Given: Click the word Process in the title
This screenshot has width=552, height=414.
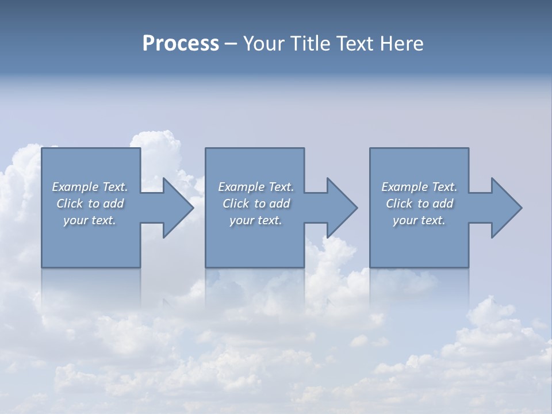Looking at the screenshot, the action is tap(181, 44).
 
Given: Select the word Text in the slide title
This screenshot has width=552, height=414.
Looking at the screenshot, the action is tap(355, 44).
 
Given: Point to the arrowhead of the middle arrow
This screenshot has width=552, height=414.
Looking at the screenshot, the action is tap(342, 208).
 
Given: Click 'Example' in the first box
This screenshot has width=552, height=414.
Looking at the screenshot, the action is tap(75, 187).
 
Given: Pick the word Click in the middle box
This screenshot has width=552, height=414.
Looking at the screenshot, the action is tap(235, 204).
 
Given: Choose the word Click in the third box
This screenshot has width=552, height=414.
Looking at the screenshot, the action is tap(398, 204).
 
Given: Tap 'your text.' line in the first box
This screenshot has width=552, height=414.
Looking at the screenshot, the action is tap(90, 220).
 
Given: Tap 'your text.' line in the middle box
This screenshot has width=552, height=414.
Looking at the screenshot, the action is tap(255, 220).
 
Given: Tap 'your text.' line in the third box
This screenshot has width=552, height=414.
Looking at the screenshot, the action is tap(419, 220).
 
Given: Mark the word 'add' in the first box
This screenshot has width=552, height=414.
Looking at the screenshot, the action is tap(113, 204).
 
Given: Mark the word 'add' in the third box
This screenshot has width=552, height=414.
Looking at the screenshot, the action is tap(443, 204).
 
